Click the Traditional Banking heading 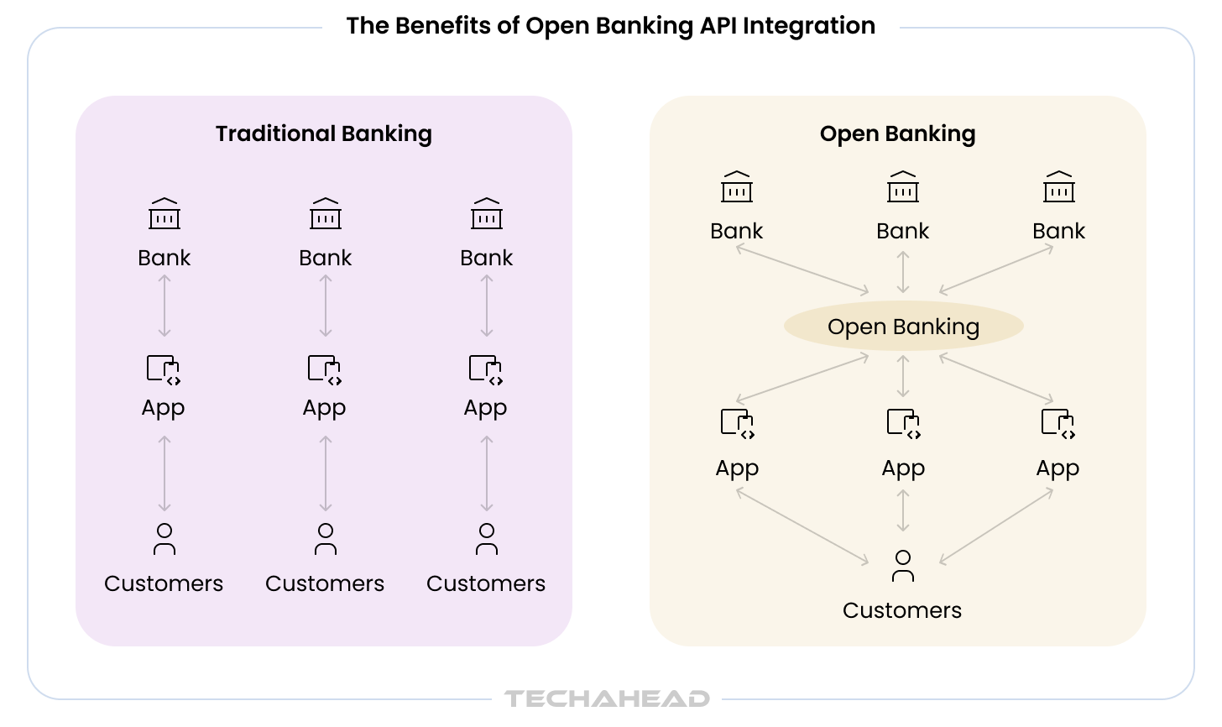click(x=323, y=134)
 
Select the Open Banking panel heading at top click(x=897, y=134)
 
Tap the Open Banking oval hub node click(x=903, y=327)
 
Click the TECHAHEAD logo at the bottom click(x=607, y=698)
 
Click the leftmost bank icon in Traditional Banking click(x=164, y=214)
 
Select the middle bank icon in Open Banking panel click(x=903, y=187)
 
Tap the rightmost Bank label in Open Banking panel click(x=1058, y=231)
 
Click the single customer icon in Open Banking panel click(x=903, y=566)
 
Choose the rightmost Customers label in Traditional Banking click(x=486, y=583)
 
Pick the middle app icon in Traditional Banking click(x=326, y=370)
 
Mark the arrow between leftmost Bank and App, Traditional click(x=164, y=306)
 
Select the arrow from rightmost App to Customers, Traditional click(x=487, y=474)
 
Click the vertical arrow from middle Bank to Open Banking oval click(x=903, y=271)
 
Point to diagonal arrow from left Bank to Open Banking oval click(x=802, y=270)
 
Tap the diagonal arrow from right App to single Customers click(x=996, y=526)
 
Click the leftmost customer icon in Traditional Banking click(x=164, y=540)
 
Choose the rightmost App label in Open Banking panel click(x=1057, y=468)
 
